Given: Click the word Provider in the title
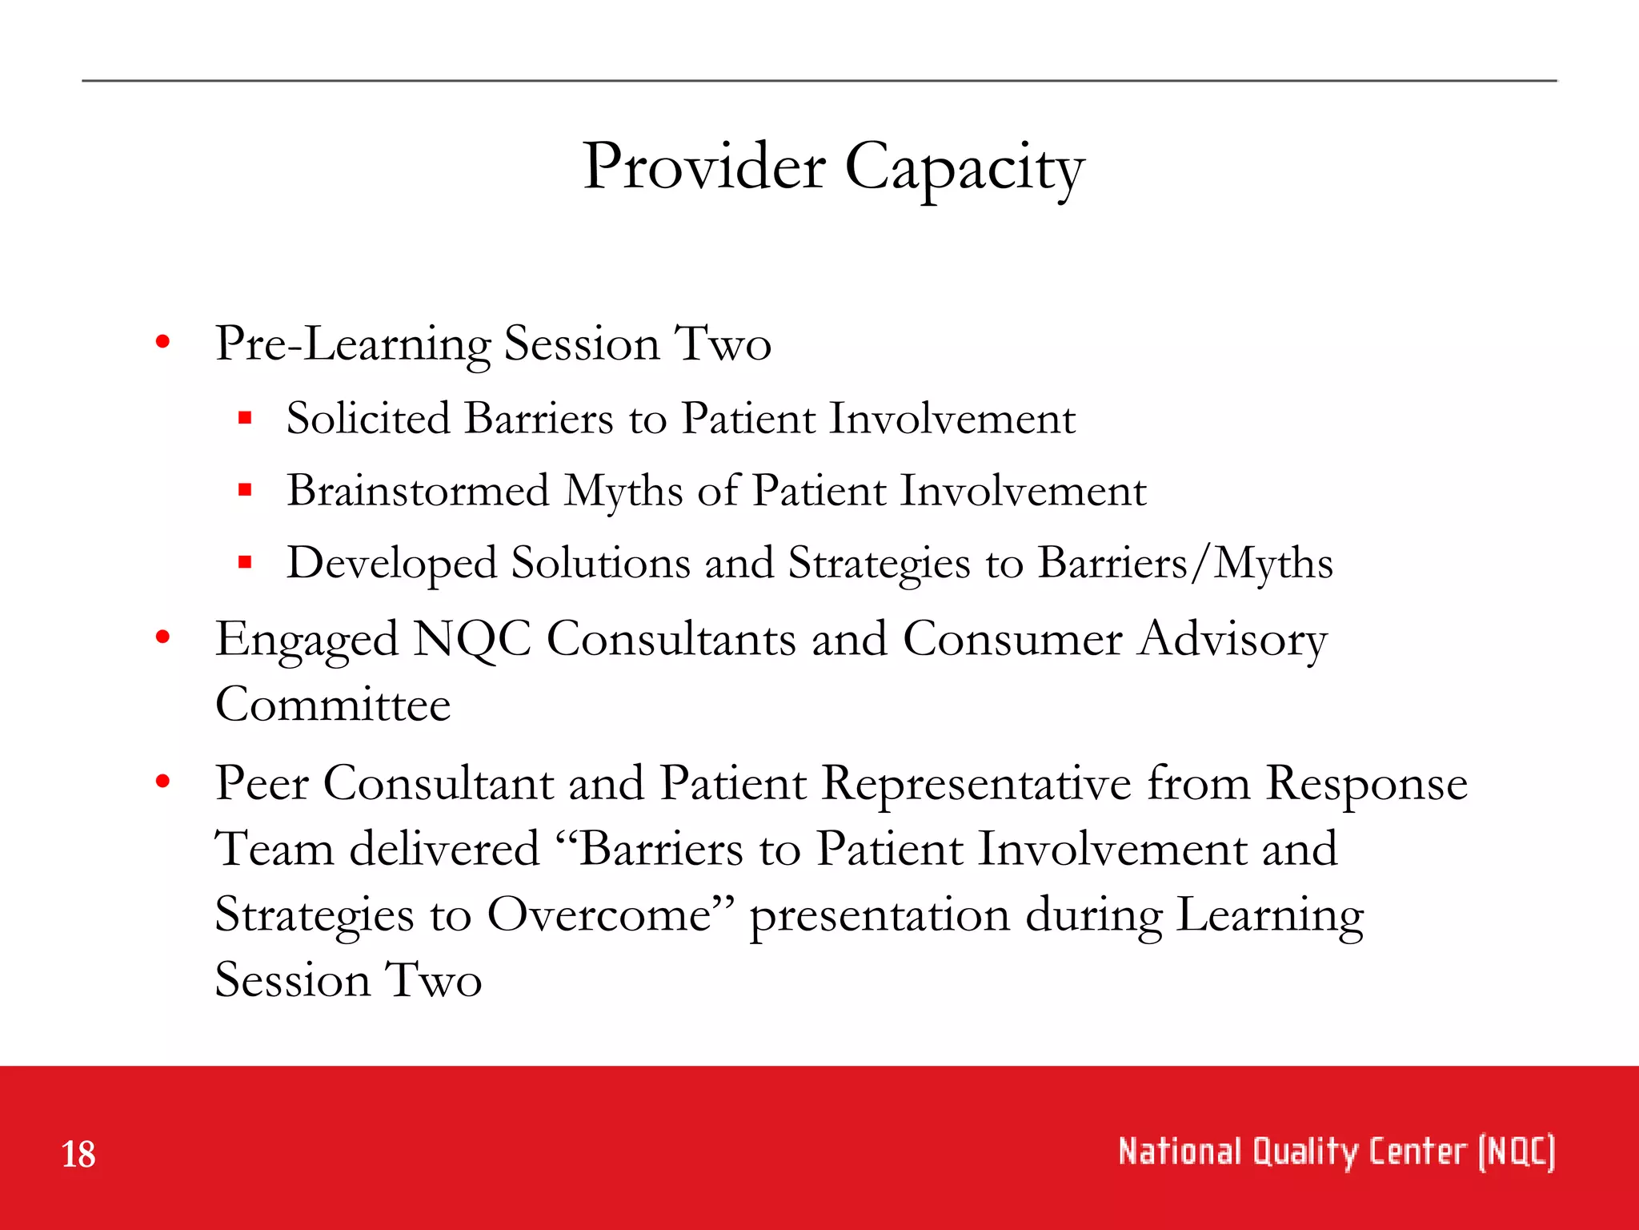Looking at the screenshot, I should (703, 167).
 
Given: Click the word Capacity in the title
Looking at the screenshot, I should (964, 168).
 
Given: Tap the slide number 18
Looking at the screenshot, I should (78, 1155).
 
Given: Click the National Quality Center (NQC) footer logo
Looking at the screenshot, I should (1336, 1152).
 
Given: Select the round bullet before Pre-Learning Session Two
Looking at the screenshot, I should (163, 343).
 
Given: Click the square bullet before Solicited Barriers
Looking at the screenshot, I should (245, 417).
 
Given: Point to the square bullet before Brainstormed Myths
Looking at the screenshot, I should (245, 489).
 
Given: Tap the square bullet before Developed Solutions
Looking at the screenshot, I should (245, 562).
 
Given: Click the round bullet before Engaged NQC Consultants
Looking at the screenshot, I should (163, 638).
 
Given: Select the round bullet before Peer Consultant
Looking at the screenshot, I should (163, 782).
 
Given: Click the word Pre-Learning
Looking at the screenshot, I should (352, 344).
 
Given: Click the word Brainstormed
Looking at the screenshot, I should (418, 490).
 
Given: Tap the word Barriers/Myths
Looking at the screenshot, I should (1185, 563).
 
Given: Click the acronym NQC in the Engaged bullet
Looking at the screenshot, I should (472, 640).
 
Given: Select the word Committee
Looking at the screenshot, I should (333, 705).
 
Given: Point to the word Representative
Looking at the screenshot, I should (976, 783).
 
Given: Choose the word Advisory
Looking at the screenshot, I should (1232, 640).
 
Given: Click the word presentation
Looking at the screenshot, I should (880, 916).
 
